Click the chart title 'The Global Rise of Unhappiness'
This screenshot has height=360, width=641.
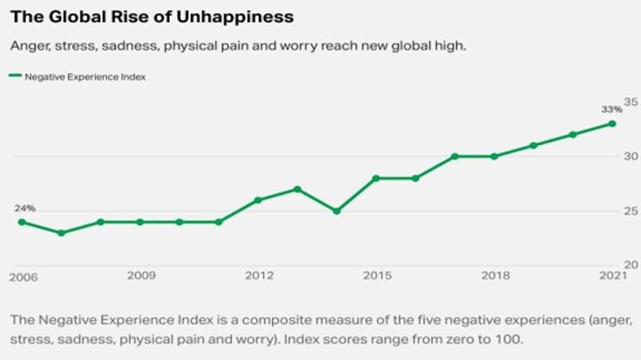(x=152, y=17)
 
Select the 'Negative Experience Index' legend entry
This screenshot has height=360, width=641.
(x=84, y=77)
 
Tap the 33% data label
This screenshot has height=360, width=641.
(x=610, y=110)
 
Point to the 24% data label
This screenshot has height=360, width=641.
(x=25, y=208)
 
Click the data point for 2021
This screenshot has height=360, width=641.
(x=612, y=124)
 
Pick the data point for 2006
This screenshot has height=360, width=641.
(x=22, y=222)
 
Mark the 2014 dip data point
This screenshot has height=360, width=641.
(x=337, y=211)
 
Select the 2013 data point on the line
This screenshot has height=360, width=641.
(x=297, y=189)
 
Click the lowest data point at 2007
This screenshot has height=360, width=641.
(x=61, y=233)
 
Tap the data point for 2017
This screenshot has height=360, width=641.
(x=455, y=156)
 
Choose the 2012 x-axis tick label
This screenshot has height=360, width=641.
(x=258, y=275)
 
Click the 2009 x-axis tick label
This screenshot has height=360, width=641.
(x=141, y=275)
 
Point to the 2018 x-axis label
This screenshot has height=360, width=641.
(x=495, y=275)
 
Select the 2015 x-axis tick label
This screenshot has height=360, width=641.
(x=377, y=275)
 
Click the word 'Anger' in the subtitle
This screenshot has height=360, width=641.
(x=27, y=46)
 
